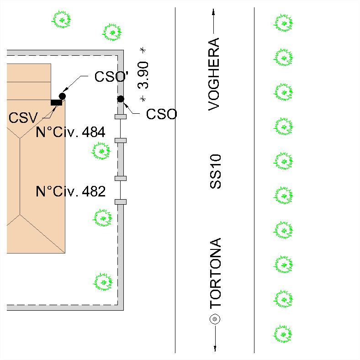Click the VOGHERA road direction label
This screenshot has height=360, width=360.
pos(214,74)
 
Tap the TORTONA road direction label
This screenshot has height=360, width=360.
pos(215,273)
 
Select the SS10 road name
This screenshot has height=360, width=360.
pos(215,171)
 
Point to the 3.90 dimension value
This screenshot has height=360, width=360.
pos(143,75)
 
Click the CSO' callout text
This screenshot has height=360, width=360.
pos(111,76)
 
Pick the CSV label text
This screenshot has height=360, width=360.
pos(23,118)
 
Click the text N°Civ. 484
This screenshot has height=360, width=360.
pos(70,132)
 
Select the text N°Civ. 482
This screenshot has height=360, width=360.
pos(70,191)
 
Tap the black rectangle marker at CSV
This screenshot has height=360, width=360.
pos(56,102)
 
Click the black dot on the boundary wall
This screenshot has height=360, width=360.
pos(121,99)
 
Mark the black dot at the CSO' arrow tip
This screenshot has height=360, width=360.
pos(62,96)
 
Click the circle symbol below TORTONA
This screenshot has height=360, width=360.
pos(215,319)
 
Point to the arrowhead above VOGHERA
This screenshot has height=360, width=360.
pos(213,12)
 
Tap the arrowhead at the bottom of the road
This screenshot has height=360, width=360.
pos(215,348)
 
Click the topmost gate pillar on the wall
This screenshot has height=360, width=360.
pos(121,116)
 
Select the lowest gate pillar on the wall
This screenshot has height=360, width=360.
pos(121,202)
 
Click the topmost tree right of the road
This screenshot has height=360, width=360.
pos(283,23)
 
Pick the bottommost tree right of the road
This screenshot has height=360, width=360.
pos(282,334)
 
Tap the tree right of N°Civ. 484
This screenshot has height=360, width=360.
pos(101,151)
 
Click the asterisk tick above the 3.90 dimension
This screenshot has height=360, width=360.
pos(143,50)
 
